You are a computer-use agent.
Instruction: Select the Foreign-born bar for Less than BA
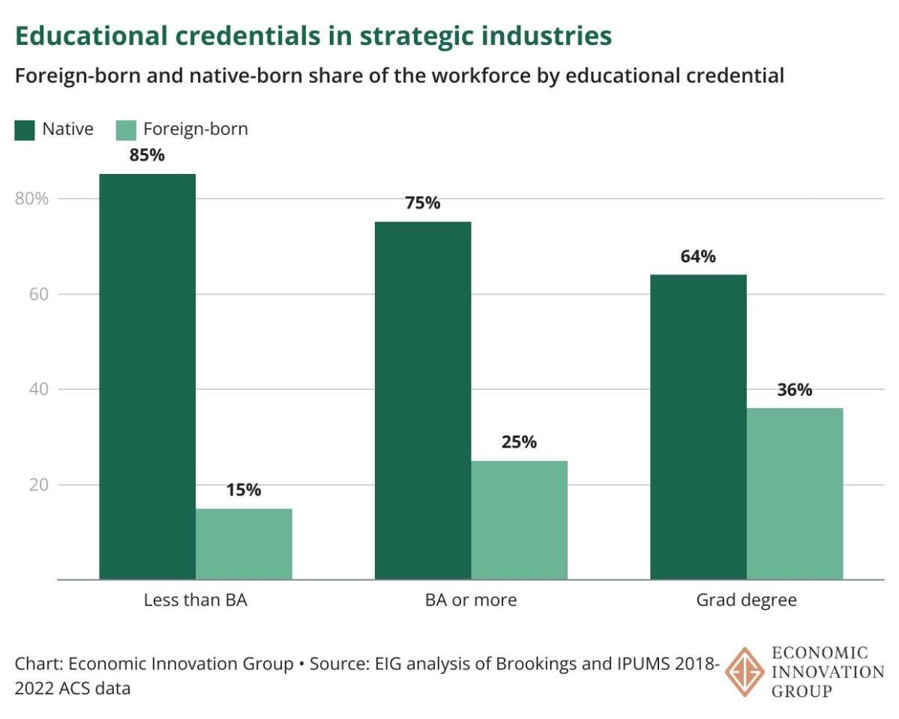point(244,544)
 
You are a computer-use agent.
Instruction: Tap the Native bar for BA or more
point(423,400)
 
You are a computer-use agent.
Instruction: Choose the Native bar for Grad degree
point(698,427)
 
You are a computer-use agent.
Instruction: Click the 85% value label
point(147,156)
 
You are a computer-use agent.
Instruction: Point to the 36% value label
point(794,390)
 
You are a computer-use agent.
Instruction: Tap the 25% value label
point(519,442)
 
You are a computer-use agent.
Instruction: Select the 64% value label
point(698,257)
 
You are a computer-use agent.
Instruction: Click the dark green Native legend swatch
point(25,130)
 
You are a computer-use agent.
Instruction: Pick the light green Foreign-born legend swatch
point(126,130)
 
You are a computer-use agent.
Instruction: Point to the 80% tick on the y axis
point(31,199)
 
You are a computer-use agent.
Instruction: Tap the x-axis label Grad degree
point(746,601)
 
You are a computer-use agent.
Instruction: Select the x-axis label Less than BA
point(195,601)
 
